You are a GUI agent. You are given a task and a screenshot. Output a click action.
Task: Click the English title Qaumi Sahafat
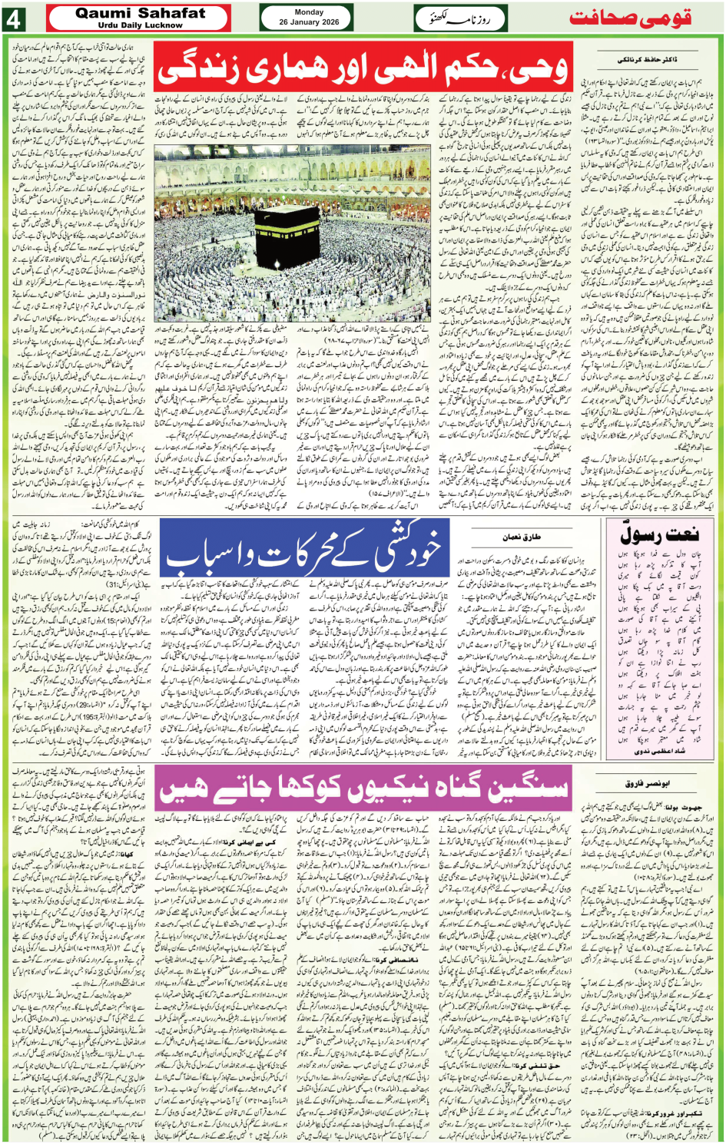pyautogui.click(x=140, y=13)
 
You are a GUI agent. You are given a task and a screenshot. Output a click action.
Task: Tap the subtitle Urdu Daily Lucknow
pyautogui.click(x=140, y=25)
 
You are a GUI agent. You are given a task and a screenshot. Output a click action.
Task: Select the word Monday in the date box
pyautogui.click(x=309, y=12)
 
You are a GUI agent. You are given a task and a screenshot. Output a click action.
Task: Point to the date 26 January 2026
pyautogui.click(x=309, y=22)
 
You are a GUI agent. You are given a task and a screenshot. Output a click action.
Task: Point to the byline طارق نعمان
pyautogui.click(x=522, y=537)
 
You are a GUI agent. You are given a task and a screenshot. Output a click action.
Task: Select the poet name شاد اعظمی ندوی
pyautogui.click(x=659, y=752)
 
